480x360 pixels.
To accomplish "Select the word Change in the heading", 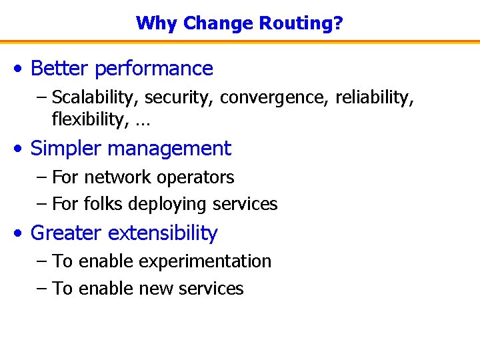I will (x=217, y=24).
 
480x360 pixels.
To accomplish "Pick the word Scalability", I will (x=95, y=98).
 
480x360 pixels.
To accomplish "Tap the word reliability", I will (x=374, y=98).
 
